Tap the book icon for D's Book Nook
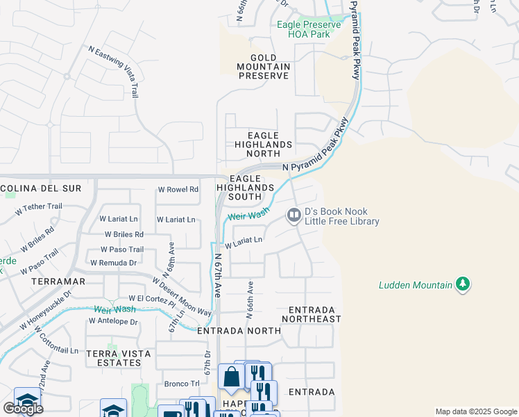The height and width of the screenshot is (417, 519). pyautogui.click(x=293, y=216)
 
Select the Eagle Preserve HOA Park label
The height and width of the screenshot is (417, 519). pyautogui.click(x=309, y=29)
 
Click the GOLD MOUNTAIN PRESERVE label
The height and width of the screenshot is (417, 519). pyautogui.click(x=263, y=67)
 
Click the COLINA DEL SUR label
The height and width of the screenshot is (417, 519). pyautogui.click(x=41, y=188)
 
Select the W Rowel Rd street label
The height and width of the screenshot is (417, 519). pyautogui.click(x=178, y=189)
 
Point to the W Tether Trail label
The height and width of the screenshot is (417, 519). pyautogui.click(x=43, y=206)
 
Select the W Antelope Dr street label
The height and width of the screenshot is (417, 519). pyautogui.click(x=114, y=321)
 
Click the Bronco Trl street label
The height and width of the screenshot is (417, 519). pyautogui.click(x=182, y=384)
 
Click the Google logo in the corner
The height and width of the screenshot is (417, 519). pyautogui.click(x=23, y=409)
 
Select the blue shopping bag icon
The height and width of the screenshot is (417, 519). pyautogui.click(x=230, y=377)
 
